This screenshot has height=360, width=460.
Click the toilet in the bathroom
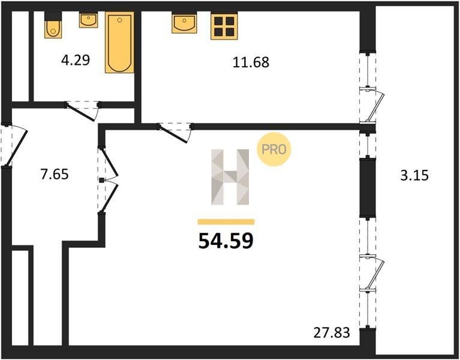coord(53,25)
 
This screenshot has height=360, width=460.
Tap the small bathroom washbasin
coord(88,20)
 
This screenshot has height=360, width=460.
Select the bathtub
coord(119,42)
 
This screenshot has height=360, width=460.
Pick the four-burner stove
coord(224,26)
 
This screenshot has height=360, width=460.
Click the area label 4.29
coord(76,60)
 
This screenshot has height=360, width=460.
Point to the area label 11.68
coord(251,62)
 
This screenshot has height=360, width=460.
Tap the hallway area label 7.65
coord(55,174)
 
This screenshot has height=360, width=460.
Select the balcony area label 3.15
coord(414,175)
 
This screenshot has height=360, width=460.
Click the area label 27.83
coord(332,333)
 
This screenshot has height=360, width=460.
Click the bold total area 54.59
coord(226,241)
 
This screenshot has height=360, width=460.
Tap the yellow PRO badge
coord(273,149)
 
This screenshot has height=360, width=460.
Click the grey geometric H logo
coord(230,177)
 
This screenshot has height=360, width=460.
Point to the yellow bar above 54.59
coord(226,221)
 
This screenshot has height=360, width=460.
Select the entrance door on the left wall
coord(14,146)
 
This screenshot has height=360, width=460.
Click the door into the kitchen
coord(176,133)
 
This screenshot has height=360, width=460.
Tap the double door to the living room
coord(108,180)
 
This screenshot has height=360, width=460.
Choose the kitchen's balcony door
coord(372,105)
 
